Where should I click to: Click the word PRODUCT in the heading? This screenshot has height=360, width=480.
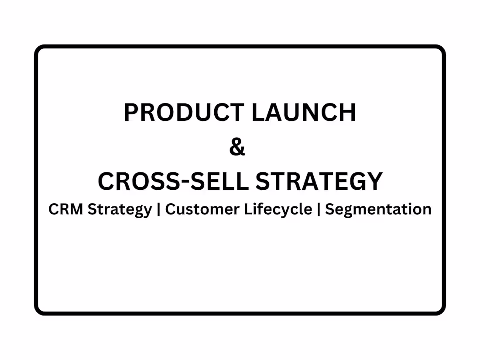(184, 112)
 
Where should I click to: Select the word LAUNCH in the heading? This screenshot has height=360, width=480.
(304, 112)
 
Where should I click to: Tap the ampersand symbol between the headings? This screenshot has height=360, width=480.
(237, 147)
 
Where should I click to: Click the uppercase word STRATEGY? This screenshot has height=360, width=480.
(319, 181)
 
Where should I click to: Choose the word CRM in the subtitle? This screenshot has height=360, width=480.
(66, 209)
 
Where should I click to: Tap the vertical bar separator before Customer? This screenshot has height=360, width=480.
(158, 210)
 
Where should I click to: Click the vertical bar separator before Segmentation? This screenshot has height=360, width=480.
(319, 210)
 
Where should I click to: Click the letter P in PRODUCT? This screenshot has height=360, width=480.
(131, 112)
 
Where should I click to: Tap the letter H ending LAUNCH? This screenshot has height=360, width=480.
(348, 112)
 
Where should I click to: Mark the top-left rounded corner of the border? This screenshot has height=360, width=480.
(38, 48)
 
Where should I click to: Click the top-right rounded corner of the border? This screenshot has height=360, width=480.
(442, 48)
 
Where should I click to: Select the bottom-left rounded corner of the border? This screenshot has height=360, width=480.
(38, 312)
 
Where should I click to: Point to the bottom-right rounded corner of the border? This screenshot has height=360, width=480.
(442, 312)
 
